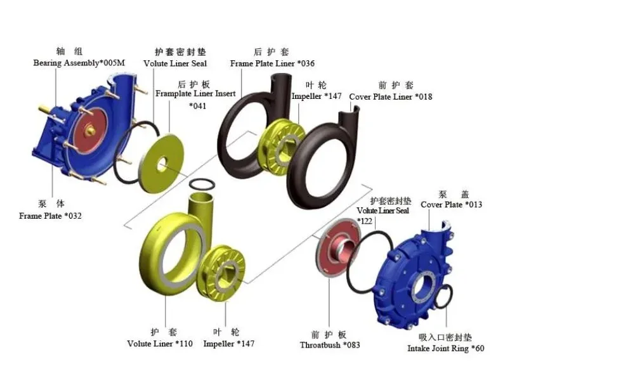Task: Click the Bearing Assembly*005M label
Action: (x=79, y=63)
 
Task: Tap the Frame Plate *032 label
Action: (x=51, y=216)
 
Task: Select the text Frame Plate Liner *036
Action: (x=272, y=63)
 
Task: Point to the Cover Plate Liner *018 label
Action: (x=391, y=96)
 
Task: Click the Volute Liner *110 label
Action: (x=160, y=344)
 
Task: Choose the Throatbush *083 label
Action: (x=330, y=345)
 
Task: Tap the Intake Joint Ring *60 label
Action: (x=446, y=349)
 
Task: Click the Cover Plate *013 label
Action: (x=452, y=205)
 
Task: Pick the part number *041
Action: (x=198, y=106)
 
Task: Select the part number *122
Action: (x=365, y=221)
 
